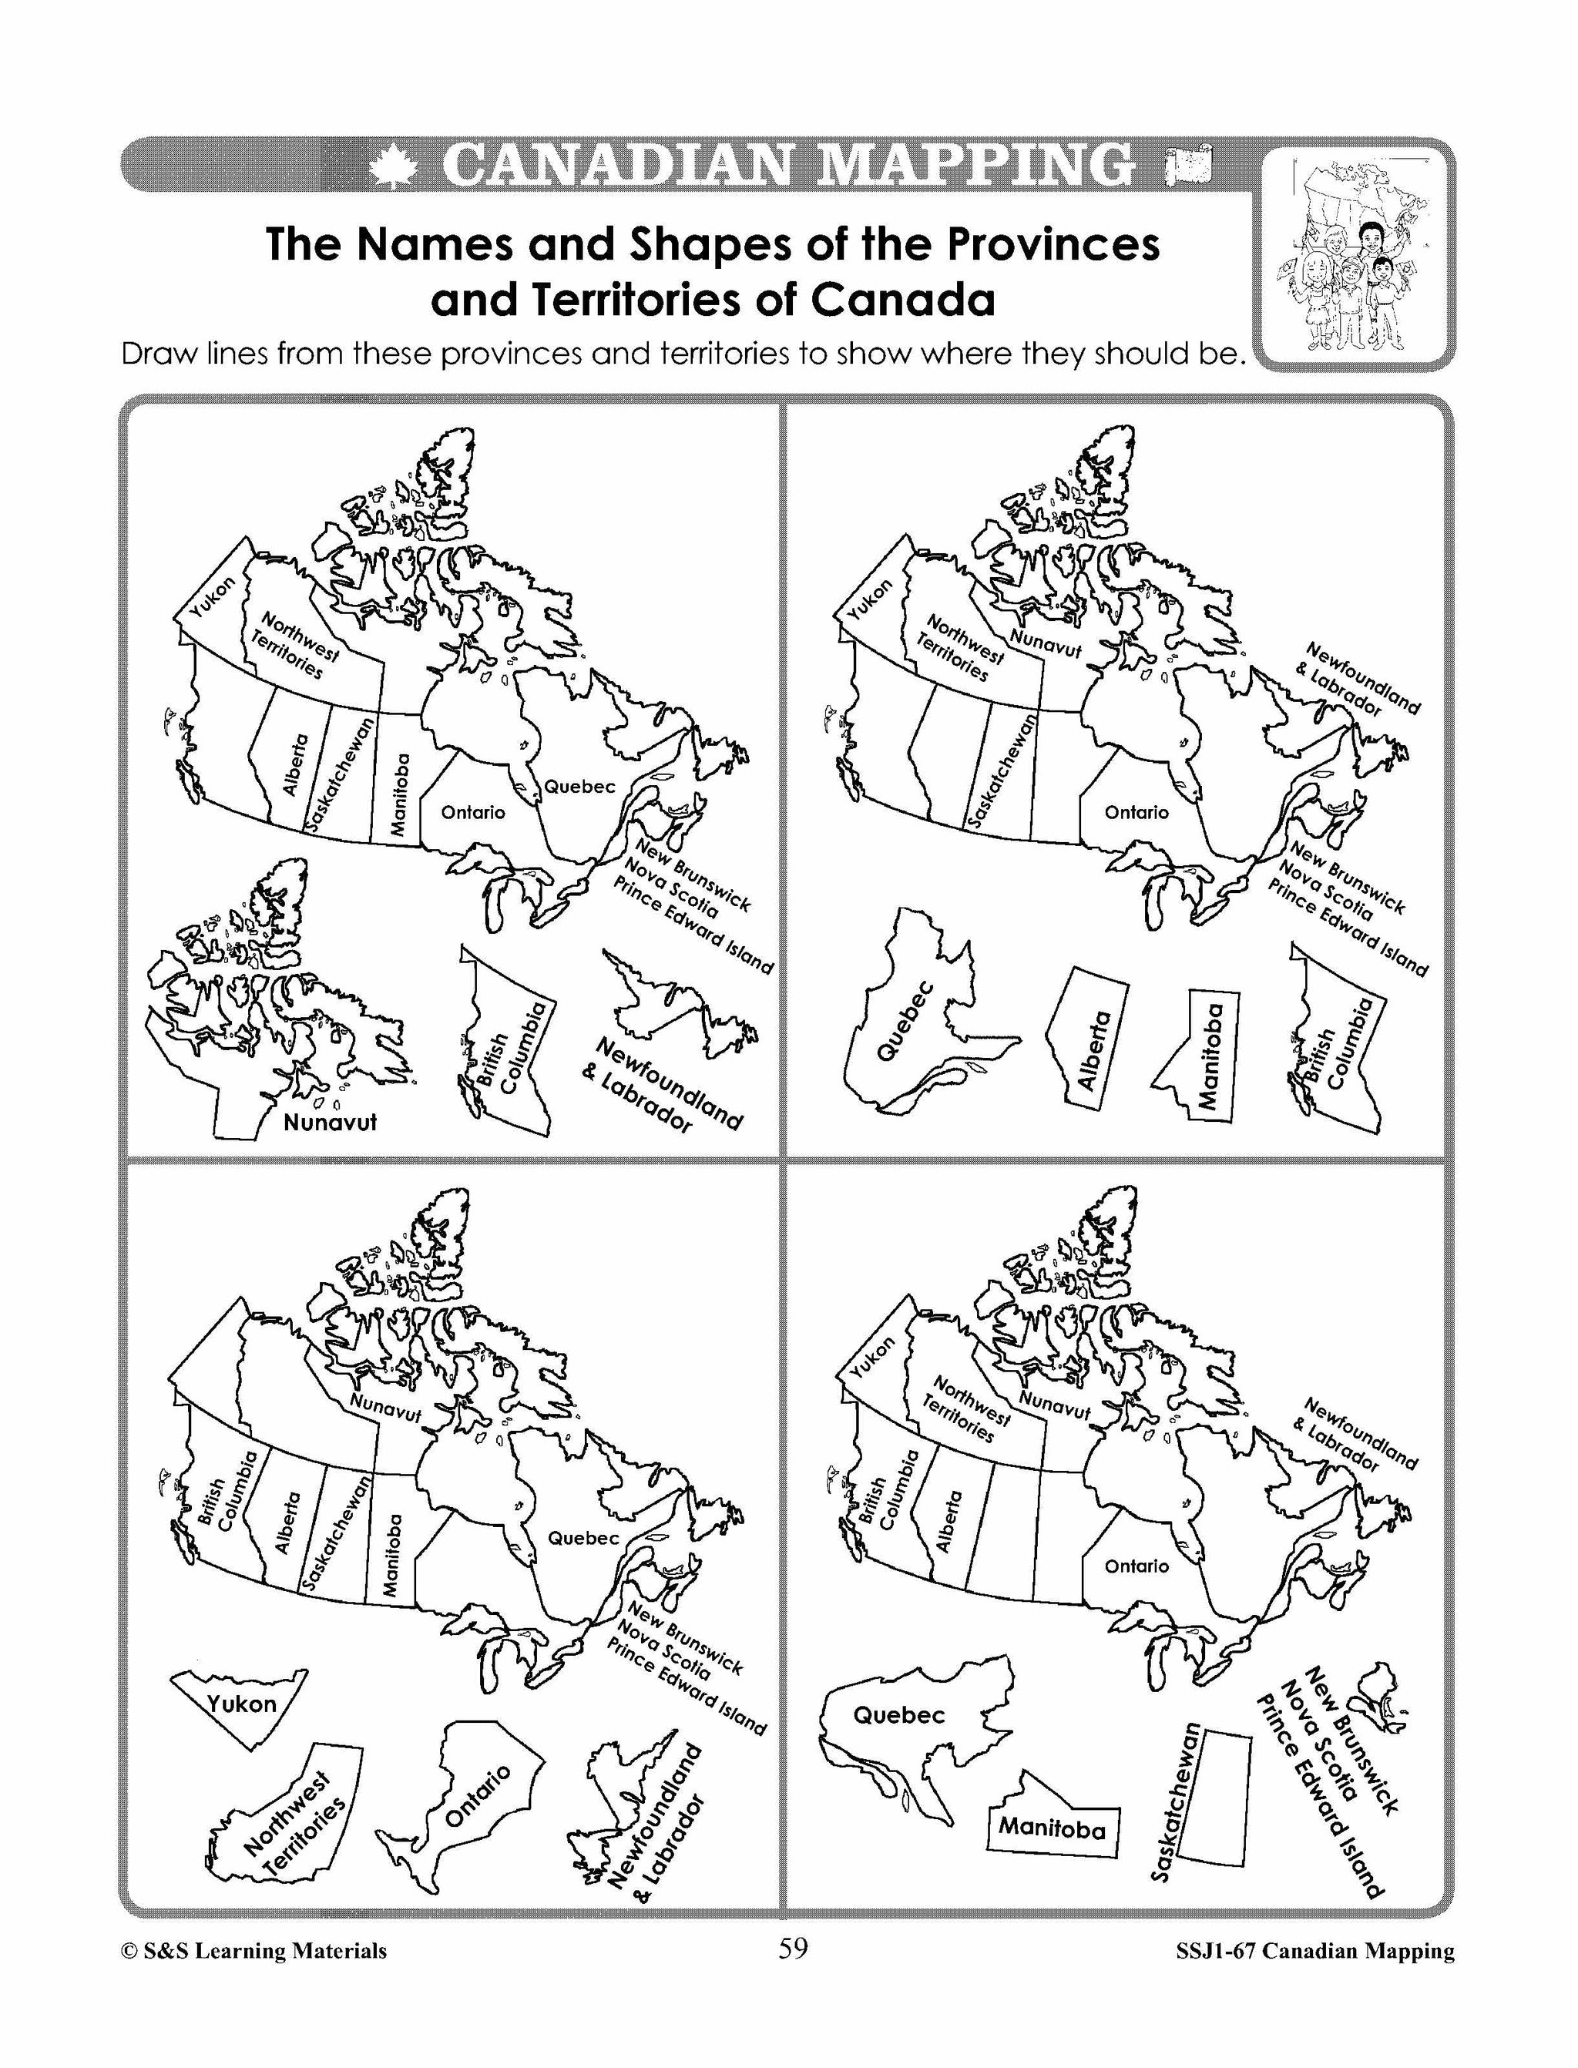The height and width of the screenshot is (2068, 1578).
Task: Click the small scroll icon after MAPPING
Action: (1187, 166)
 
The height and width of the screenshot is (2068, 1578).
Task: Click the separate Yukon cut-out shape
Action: (240, 1700)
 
